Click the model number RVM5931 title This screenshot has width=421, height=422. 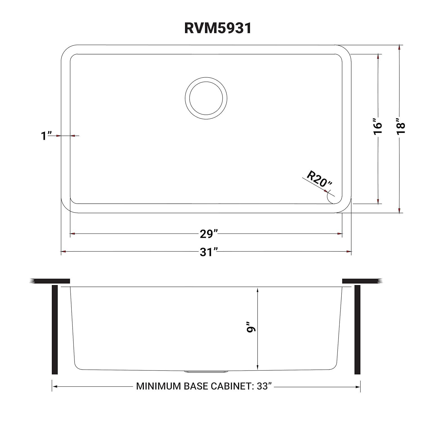217,28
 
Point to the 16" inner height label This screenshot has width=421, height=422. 378,129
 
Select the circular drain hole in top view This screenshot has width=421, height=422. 206,98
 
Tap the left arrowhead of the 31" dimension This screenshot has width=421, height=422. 63,252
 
